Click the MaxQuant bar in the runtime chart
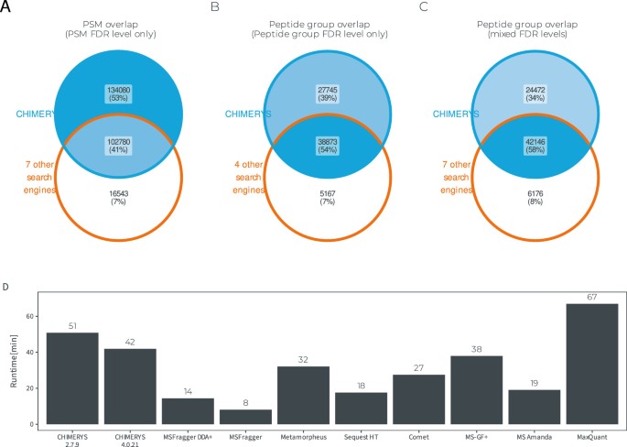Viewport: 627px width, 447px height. [578, 364]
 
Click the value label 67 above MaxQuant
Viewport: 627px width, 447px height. [578, 296]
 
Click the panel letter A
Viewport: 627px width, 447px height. [8, 7]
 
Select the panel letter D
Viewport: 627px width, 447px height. [7, 286]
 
